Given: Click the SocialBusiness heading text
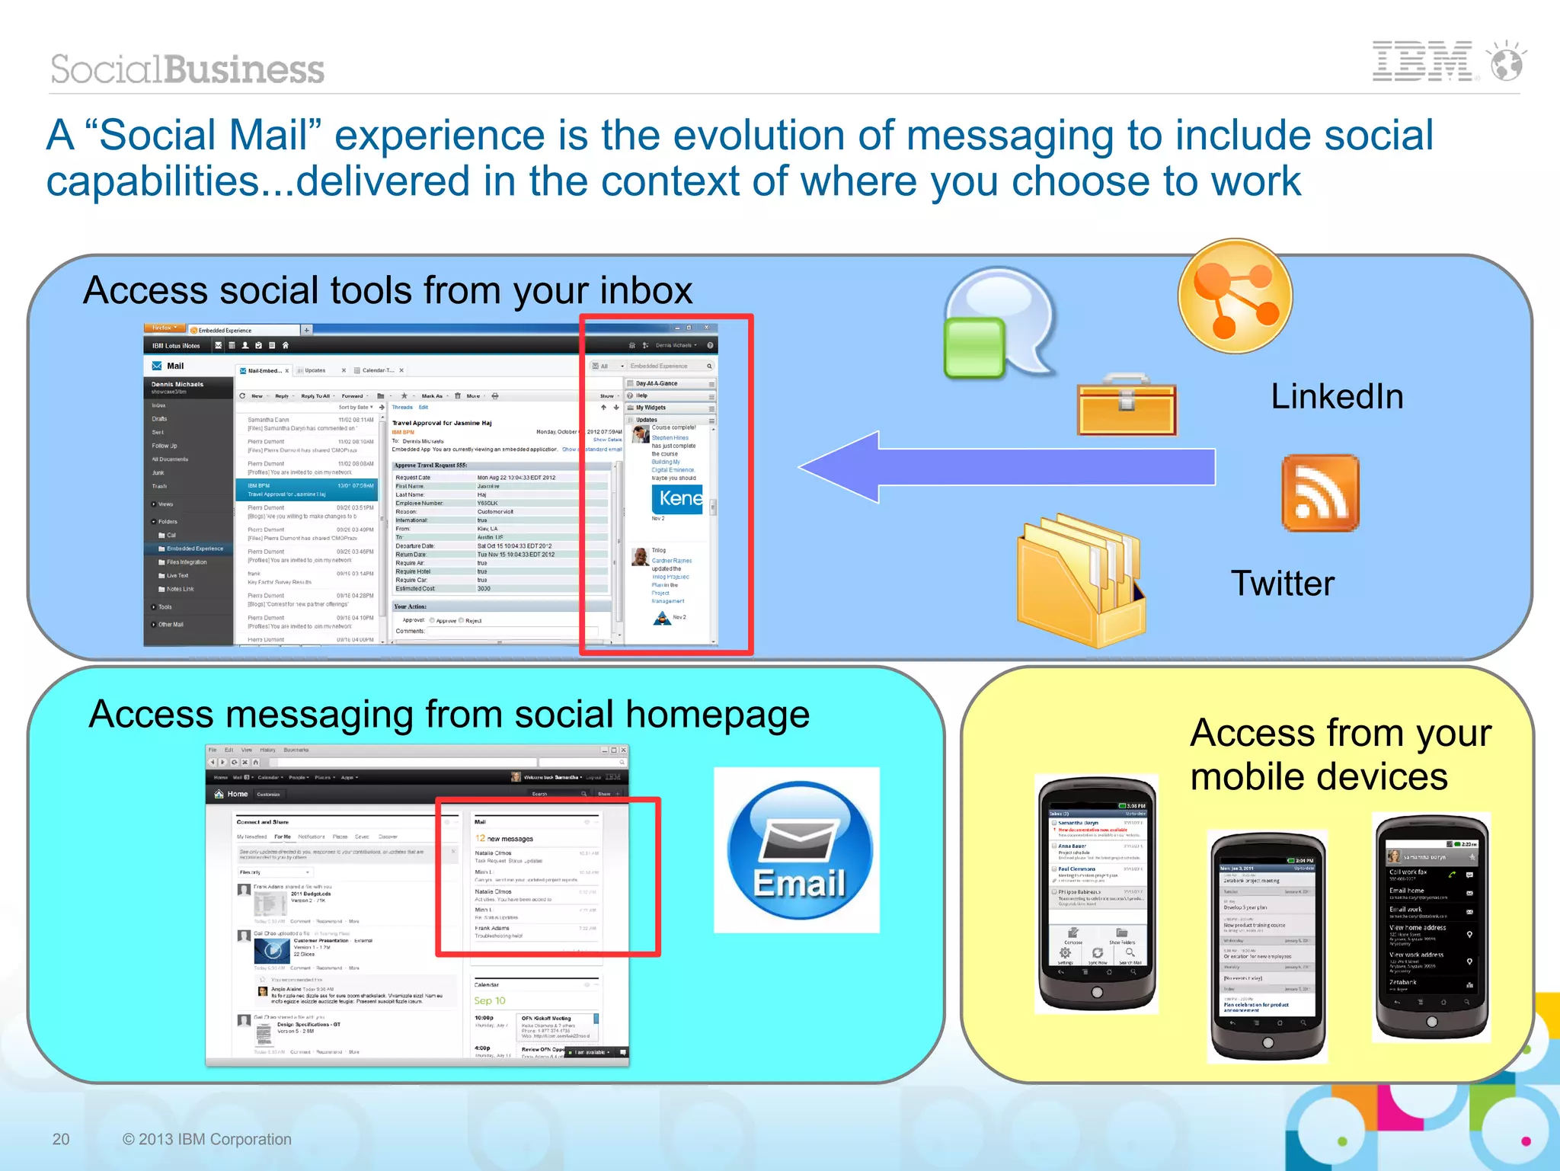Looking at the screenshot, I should [x=187, y=69].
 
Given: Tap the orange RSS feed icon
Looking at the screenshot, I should [x=1320, y=493].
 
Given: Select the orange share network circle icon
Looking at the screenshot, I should [x=1235, y=296].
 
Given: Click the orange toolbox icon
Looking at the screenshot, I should [x=1127, y=405].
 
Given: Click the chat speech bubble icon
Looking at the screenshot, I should [x=998, y=325].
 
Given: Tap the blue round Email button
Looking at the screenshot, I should [x=798, y=850].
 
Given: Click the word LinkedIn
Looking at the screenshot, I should [x=1337, y=397].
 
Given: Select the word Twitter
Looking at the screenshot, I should [x=1283, y=584].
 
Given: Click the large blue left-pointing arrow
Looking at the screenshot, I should [x=1005, y=466].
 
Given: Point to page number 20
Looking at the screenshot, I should [x=61, y=1139].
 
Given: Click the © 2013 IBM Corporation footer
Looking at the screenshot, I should [x=207, y=1139].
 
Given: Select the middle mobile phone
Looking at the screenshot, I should [x=1267, y=945].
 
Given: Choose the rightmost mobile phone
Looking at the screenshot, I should [x=1431, y=926].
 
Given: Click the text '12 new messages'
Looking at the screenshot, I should [x=504, y=838].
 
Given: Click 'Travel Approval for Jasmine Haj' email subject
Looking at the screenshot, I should [x=442, y=423].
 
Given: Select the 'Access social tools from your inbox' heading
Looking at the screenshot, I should [x=388, y=290].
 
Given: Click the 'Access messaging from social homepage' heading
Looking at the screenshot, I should [x=449, y=715].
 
